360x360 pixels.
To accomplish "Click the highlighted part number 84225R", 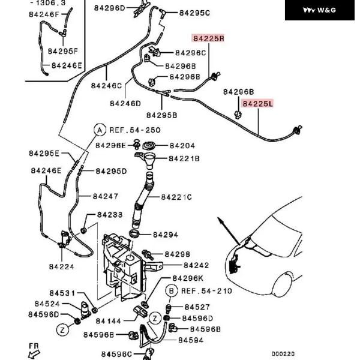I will tap(208, 38).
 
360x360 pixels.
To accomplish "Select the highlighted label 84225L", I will tap(257, 103).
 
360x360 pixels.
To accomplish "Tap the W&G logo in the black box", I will tap(319, 10).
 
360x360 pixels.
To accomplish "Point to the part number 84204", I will tap(182, 145).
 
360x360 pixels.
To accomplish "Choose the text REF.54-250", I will tap(134, 130).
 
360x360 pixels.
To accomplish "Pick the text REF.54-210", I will tap(206, 291).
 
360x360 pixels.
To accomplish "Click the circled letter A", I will tap(100, 130).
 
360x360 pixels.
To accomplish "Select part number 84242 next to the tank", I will tap(196, 265).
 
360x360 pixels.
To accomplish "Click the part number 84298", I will tap(177, 254).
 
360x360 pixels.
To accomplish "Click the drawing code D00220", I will tap(283, 354).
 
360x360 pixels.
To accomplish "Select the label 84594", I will tap(190, 340).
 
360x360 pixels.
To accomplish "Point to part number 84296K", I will tap(188, 278).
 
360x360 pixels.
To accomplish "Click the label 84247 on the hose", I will tap(106, 196).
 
